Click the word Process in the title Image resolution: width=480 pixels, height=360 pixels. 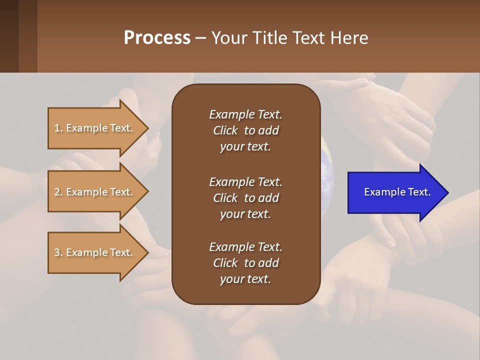[x=157, y=38]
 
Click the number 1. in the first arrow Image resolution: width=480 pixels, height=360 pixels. [x=58, y=128]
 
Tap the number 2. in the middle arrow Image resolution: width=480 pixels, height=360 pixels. [x=58, y=192]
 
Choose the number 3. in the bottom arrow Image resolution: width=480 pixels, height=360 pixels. [x=58, y=252]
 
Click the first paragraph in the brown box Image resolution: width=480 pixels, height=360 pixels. [x=245, y=130]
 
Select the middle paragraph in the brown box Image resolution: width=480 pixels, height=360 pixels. [x=245, y=198]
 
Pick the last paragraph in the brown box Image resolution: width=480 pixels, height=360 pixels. [x=245, y=263]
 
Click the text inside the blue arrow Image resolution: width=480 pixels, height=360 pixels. [x=397, y=192]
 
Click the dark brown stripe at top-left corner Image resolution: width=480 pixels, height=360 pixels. [x=9, y=36]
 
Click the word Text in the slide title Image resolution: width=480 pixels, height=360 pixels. [x=307, y=38]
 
